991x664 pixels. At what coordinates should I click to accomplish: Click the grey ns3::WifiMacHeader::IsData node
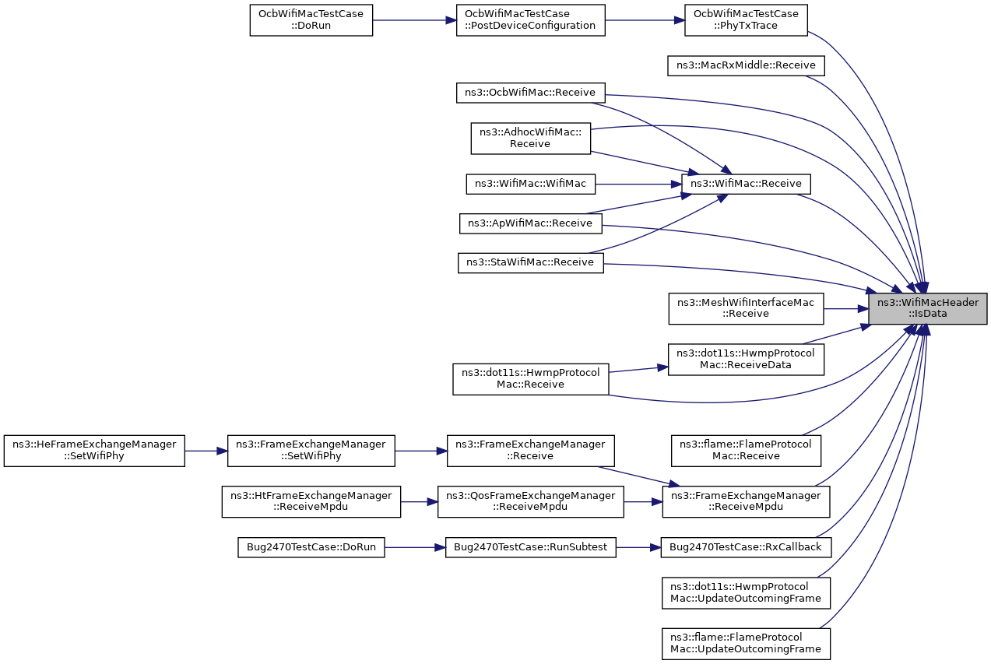coord(927,308)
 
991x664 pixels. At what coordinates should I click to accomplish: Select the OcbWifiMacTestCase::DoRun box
coord(311,20)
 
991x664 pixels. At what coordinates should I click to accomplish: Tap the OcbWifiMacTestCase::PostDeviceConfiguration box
coord(530,20)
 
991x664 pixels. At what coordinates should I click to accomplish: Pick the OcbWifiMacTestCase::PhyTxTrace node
coord(746,20)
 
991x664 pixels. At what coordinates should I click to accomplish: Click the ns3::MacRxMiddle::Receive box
coord(746,65)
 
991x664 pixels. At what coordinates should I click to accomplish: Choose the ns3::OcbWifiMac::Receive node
coord(530,93)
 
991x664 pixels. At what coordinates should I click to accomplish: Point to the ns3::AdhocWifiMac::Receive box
coord(530,139)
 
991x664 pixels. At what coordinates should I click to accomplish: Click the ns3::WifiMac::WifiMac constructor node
coord(530,184)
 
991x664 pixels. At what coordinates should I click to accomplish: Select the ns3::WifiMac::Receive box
coord(746,184)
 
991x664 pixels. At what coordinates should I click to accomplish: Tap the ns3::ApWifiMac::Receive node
coord(530,223)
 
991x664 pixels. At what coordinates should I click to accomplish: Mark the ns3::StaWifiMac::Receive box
coord(530,263)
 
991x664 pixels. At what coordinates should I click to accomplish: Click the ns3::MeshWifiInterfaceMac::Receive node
coord(746,308)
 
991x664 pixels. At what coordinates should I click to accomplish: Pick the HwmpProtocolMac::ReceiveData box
coord(746,360)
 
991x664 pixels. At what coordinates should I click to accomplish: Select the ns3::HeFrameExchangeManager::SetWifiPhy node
coord(94,451)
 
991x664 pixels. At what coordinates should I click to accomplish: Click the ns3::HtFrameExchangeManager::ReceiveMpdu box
coord(311,501)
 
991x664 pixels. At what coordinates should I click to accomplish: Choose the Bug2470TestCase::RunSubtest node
coord(530,547)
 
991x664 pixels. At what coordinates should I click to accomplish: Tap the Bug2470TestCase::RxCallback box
coord(746,547)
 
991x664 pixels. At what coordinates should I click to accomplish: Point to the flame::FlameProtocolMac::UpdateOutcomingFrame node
coord(746,644)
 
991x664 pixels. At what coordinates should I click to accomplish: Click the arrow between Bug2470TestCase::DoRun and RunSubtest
coord(415,548)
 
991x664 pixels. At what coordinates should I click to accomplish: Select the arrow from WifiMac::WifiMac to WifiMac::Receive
coord(638,184)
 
